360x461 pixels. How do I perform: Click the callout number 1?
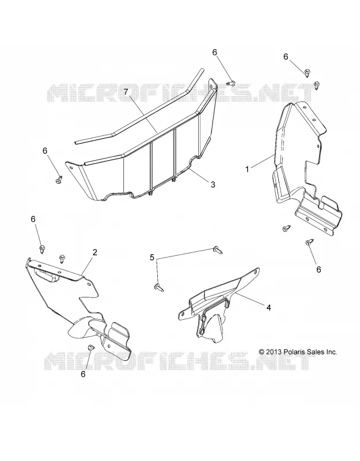pos(247,169)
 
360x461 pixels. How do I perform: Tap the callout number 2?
pos(94,252)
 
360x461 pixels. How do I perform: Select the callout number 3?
pos(213,184)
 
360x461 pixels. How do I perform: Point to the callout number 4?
pos(268,308)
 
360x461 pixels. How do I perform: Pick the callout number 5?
pos(152,258)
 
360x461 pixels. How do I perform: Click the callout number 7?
pos(126,92)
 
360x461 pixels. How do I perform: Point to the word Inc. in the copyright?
pos(330,352)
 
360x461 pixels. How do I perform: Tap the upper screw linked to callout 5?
pos(218,250)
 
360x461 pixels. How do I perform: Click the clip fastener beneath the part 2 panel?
pos(91,347)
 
